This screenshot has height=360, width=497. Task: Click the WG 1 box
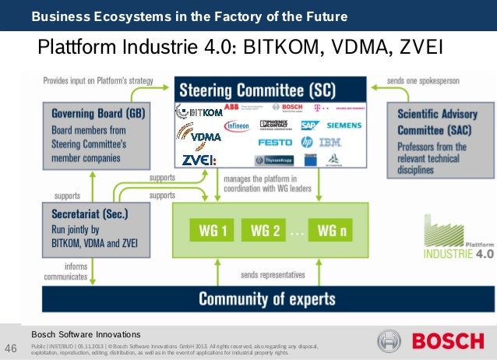(x=213, y=230)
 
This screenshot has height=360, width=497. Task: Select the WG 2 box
(x=266, y=230)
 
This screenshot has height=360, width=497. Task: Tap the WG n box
(x=332, y=230)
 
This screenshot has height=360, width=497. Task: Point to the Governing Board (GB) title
(x=98, y=113)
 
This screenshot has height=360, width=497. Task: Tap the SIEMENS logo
(x=344, y=125)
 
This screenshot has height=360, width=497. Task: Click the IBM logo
(x=330, y=142)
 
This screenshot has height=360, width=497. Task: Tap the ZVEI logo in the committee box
(x=199, y=160)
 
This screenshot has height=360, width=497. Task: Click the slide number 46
(x=12, y=347)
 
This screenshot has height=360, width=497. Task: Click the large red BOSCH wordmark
(x=449, y=342)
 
